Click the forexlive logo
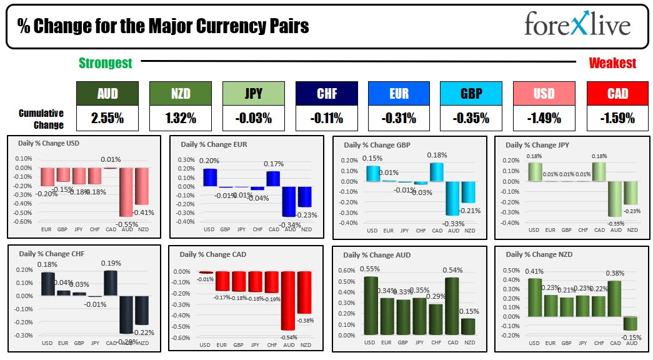coord(577,25)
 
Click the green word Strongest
coord(105,63)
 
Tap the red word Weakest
coord(612,63)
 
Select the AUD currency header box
coord(107,94)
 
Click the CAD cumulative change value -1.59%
coord(617,117)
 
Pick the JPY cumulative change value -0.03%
coord(254,117)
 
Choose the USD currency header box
coord(544,94)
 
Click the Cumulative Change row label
coord(41,119)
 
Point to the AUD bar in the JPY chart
coord(616,198)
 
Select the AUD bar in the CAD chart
coord(288,300)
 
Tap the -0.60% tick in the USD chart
coord(22,222)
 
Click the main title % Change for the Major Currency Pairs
coord(162,26)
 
